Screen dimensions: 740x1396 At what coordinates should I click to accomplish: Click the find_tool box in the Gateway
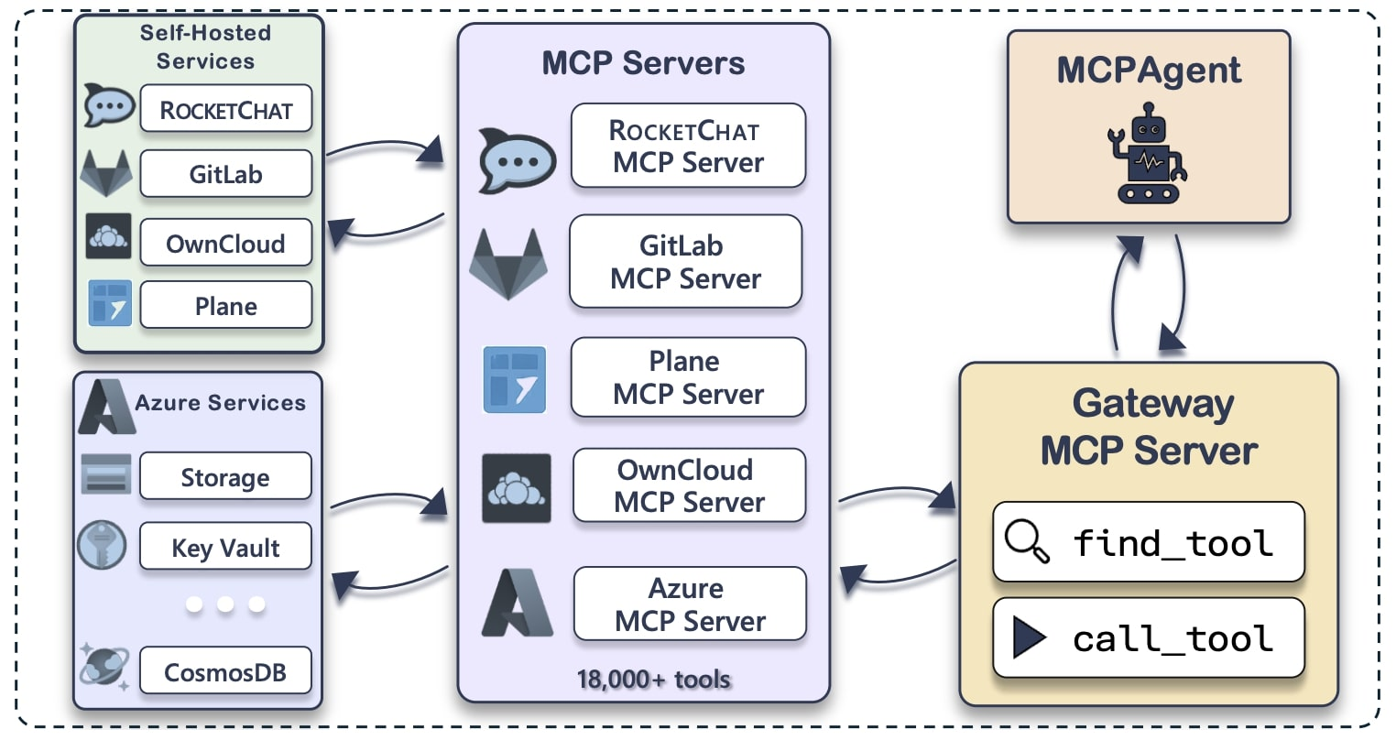[x=1148, y=541]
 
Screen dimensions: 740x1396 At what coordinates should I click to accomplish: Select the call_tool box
[x=1148, y=637]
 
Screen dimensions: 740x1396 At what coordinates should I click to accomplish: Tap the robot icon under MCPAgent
[x=1148, y=152]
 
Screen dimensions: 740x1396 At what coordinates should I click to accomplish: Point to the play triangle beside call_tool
[x=1029, y=637]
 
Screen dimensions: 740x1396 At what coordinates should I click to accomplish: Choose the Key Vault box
[x=225, y=547]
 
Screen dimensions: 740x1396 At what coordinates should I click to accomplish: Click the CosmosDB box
[x=225, y=671]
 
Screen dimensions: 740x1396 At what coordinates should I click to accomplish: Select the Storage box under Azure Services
[x=225, y=476]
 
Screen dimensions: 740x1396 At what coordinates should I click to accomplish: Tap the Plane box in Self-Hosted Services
[x=225, y=305]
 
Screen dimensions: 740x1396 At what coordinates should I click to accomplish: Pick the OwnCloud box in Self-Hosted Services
[x=225, y=243]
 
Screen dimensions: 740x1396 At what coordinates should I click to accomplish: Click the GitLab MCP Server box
[x=685, y=262]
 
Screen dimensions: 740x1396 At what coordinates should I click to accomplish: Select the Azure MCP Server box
[x=690, y=604]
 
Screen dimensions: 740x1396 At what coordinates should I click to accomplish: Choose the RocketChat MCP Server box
[x=688, y=147]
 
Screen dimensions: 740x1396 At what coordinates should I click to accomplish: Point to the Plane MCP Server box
[x=688, y=377]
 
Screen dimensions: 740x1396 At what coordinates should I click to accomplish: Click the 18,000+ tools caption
[x=653, y=680]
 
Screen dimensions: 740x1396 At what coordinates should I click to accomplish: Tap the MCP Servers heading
[x=643, y=63]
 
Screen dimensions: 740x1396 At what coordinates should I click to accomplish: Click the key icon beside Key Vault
[x=102, y=546]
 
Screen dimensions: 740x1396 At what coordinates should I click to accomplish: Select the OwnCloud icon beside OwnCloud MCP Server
[x=517, y=488]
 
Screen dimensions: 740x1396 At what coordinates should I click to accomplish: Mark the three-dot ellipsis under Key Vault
[x=225, y=604]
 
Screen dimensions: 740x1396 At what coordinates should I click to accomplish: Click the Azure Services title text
[x=220, y=403]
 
